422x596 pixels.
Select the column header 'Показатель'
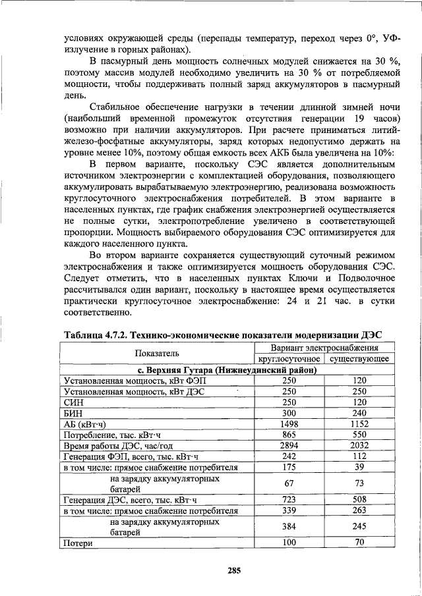(158, 353)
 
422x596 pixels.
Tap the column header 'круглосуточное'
(289, 359)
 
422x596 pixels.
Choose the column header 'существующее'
(359, 359)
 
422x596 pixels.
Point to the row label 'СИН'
(72, 402)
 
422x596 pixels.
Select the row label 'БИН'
(72, 413)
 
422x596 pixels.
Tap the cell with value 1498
(289, 424)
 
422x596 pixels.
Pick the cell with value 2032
(359, 446)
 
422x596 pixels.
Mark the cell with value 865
(289, 435)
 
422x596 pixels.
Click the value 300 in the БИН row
(289, 413)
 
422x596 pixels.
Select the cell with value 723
(289, 500)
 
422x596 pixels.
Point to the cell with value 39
(359, 468)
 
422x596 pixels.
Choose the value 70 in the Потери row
(359, 543)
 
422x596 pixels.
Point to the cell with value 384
(289, 527)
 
